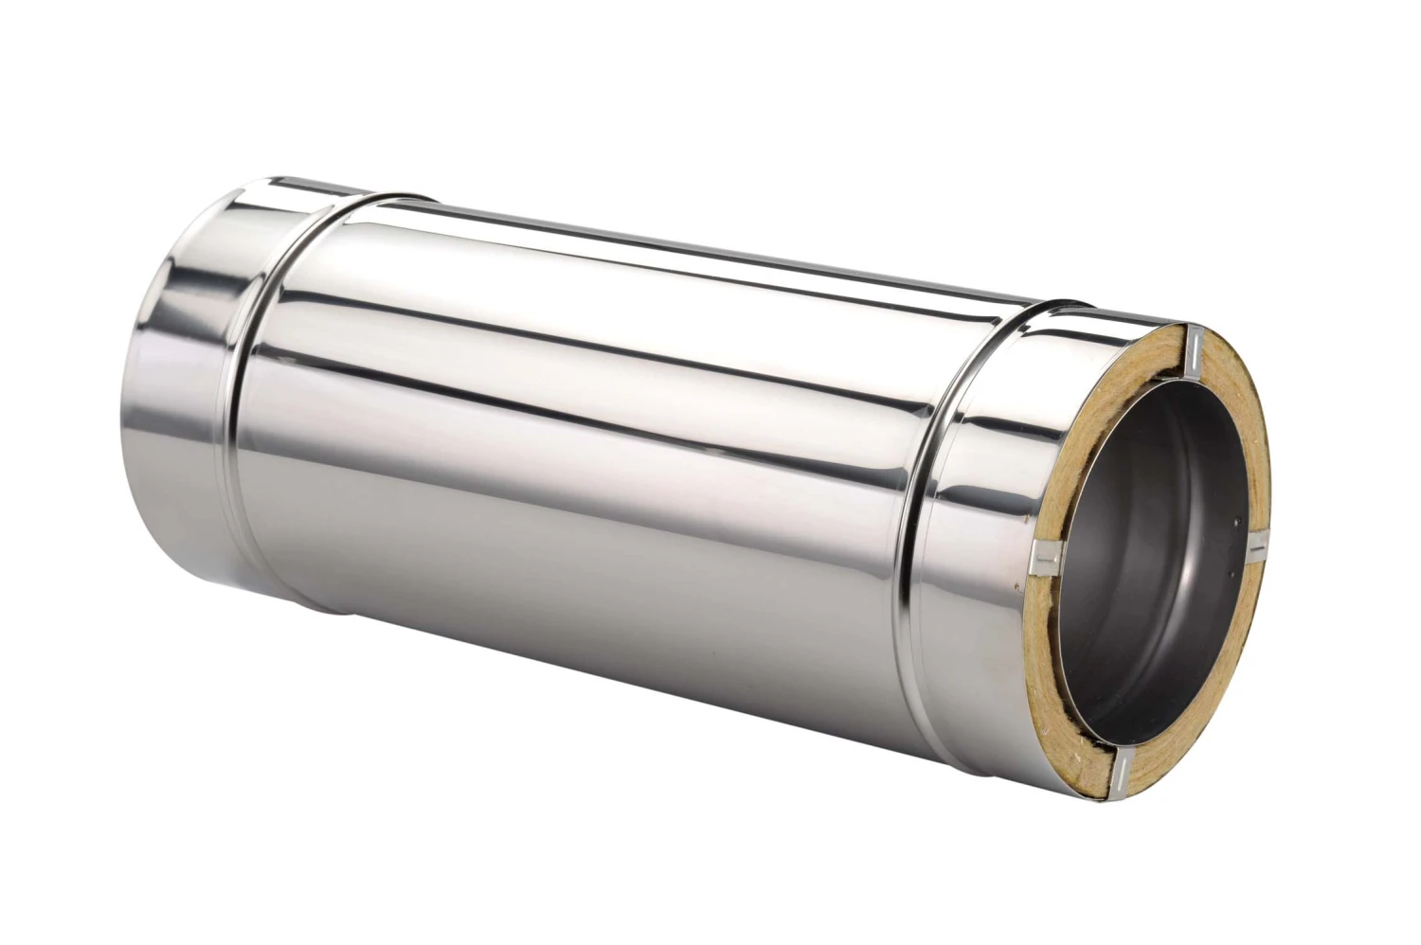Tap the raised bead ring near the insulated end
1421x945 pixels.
[x=933, y=530]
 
